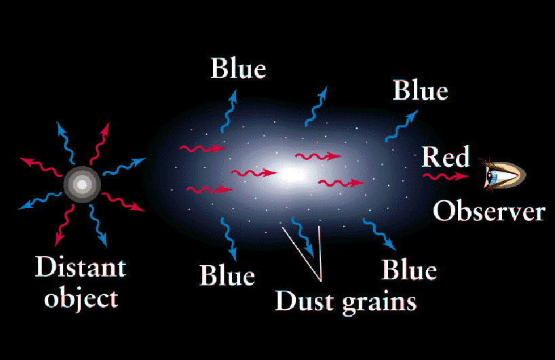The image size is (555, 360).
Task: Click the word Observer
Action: point(489,211)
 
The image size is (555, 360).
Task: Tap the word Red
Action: point(446,157)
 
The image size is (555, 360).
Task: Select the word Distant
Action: point(81,266)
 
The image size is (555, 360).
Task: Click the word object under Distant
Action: point(81,298)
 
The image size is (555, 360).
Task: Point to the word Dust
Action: point(305,301)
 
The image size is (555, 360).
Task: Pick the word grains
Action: point(379,304)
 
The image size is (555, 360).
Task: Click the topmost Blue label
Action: point(238,68)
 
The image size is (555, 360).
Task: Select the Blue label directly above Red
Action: point(420,90)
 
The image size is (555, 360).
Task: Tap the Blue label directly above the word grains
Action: point(409,271)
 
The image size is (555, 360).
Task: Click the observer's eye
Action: point(503,175)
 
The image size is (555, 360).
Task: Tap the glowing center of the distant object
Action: point(82,184)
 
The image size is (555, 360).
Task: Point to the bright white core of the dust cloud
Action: point(292,174)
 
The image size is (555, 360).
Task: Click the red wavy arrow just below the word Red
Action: point(445,176)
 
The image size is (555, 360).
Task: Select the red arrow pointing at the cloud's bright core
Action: point(254,173)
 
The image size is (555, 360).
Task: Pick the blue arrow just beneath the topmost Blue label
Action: point(228,112)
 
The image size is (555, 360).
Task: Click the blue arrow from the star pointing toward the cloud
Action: point(124,167)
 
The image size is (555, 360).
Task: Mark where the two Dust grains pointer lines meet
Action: point(321,281)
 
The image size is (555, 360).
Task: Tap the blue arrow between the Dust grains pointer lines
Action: point(302,236)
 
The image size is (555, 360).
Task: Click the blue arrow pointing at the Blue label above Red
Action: point(401,126)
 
